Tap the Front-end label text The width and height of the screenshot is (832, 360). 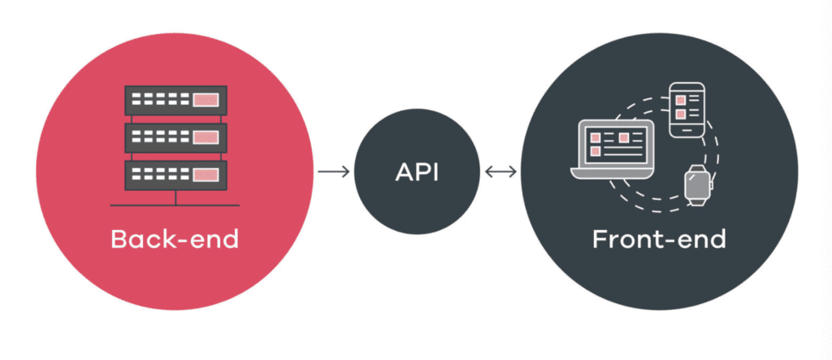click(x=659, y=240)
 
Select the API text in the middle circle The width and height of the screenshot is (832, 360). click(x=416, y=172)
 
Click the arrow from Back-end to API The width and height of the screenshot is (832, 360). click(x=333, y=171)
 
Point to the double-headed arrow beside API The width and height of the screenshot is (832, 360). click(x=500, y=171)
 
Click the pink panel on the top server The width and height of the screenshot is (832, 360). click(x=206, y=101)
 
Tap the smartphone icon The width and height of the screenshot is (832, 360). click(x=684, y=109)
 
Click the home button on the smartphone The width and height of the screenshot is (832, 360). click(x=684, y=130)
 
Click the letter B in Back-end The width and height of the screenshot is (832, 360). click(x=119, y=240)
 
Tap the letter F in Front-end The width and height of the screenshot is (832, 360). click(x=599, y=240)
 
